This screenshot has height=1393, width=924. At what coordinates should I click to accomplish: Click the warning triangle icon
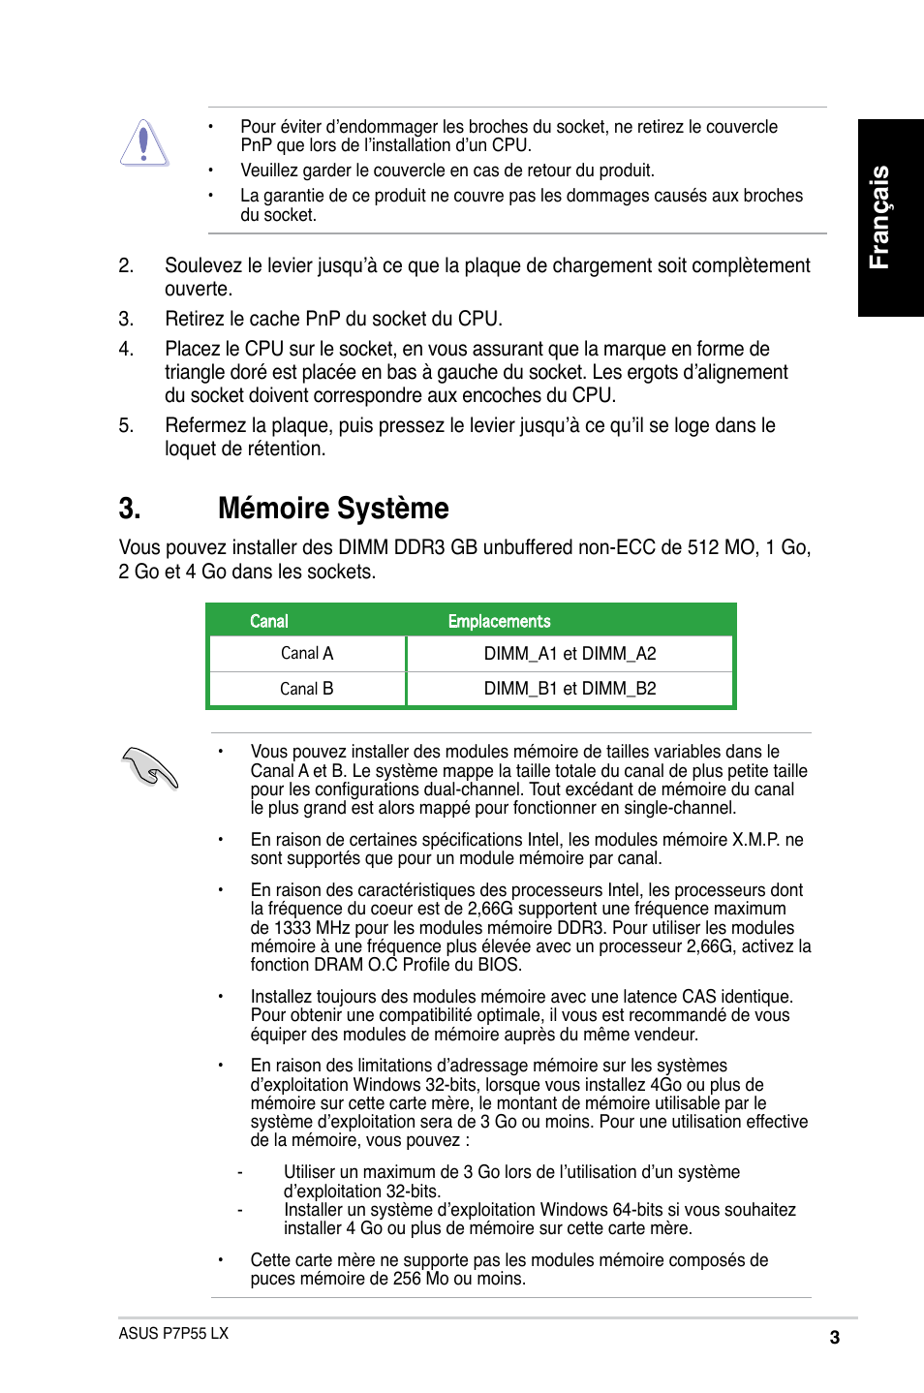pyautogui.click(x=144, y=143)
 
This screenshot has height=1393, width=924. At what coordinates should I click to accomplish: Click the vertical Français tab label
pyautogui.click(x=879, y=217)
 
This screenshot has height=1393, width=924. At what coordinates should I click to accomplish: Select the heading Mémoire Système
pyautogui.click(x=333, y=509)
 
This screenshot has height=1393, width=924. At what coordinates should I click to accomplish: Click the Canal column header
pyautogui.click(x=269, y=621)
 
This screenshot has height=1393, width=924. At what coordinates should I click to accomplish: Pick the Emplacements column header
pyautogui.click(x=499, y=621)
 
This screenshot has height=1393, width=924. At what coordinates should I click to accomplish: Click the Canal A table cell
pyautogui.click(x=307, y=654)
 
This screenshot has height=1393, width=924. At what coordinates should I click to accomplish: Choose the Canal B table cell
pyautogui.click(x=307, y=689)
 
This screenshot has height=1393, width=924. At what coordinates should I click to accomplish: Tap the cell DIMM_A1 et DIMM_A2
pyautogui.click(x=570, y=654)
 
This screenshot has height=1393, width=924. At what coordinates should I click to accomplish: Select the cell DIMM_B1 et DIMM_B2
pyautogui.click(x=570, y=689)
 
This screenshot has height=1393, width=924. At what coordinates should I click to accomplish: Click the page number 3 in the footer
pyautogui.click(x=834, y=1338)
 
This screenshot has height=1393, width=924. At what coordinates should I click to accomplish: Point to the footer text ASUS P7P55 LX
pyautogui.click(x=173, y=1333)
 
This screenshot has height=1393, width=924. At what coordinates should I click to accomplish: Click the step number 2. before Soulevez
pyautogui.click(x=126, y=265)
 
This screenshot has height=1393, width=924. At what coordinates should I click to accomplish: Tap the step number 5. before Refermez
pyautogui.click(x=126, y=425)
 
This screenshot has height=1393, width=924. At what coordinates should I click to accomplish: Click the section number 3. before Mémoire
pyautogui.click(x=130, y=509)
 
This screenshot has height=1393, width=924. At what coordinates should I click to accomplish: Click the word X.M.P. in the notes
pyautogui.click(x=755, y=840)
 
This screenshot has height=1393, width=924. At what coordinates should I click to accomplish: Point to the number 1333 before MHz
pyautogui.click(x=293, y=928)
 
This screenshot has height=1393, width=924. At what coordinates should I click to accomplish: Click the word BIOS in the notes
pyautogui.click(x=499, y=965)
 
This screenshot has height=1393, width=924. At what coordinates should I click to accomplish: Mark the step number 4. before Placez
pyautogui.click(x=126, y=349)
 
